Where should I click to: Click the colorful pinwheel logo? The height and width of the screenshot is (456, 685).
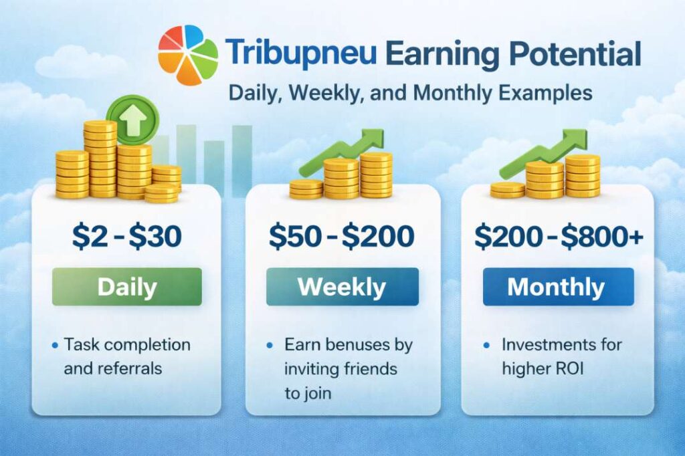tap(188, 54)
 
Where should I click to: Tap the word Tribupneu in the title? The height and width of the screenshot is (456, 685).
tap(300, 54)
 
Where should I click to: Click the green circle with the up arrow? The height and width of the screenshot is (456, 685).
tap(133, 120)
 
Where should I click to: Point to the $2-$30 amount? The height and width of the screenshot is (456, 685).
tap(126, 236)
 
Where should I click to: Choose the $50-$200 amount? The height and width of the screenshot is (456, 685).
tap(342, 236)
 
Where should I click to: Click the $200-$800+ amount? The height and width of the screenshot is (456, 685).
tap(559, 236)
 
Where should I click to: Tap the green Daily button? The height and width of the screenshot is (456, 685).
tap(126, 287)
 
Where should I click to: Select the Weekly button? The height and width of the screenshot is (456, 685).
tap(342, 287)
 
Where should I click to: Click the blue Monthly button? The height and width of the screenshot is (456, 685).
tap(559, 287)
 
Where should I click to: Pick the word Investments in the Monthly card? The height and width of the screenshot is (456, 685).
tap(545, 344)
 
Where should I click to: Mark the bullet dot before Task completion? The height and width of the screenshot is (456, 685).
tap(55, 346)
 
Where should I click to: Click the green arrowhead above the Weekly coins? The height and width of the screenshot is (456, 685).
tap(372, 140)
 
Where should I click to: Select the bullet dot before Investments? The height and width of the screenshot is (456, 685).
tap(487, 346)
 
